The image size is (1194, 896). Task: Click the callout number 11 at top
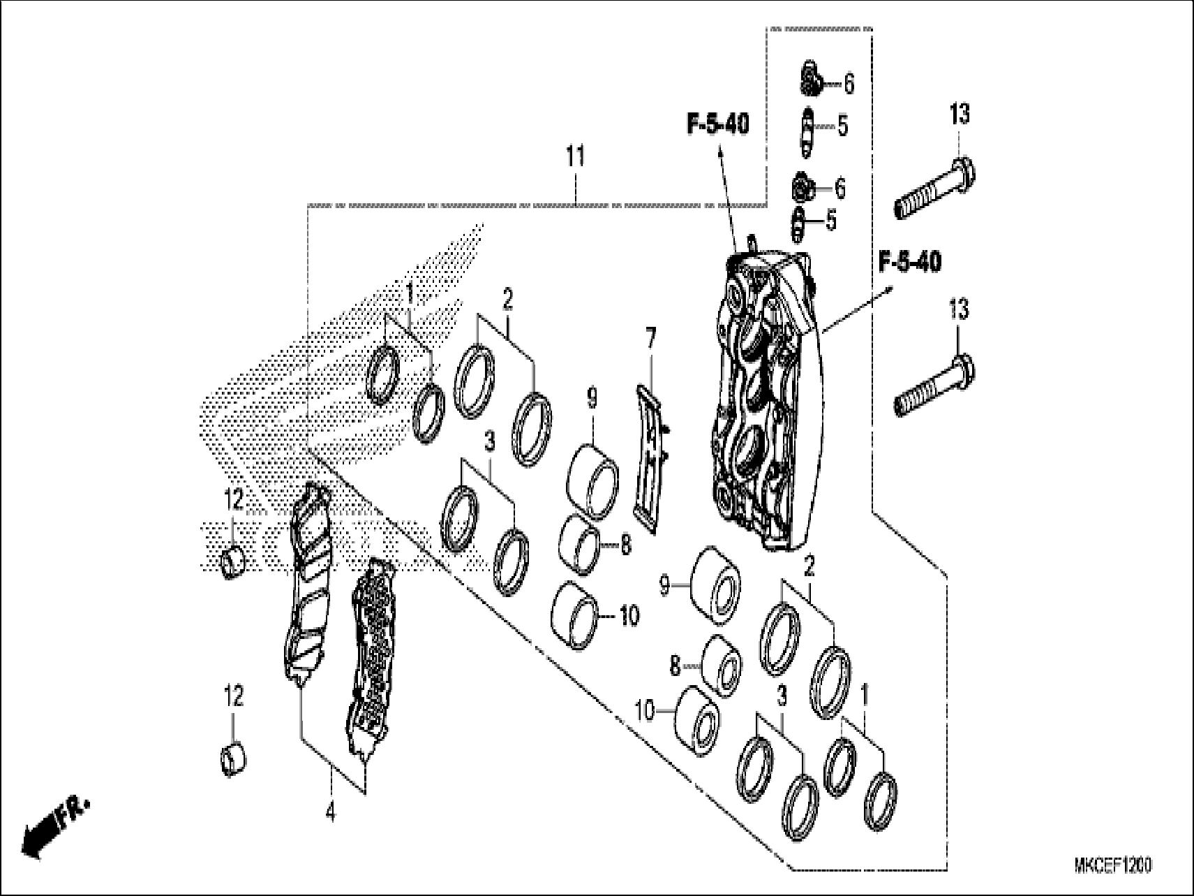pos(575,157)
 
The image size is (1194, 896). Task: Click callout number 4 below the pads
pos(330,813)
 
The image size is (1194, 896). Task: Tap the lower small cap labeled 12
pos(233,759)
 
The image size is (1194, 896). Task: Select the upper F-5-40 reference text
pos(718,126)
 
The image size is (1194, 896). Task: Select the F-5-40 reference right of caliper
pos(909,263)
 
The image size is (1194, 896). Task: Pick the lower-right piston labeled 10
pos(699,721)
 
